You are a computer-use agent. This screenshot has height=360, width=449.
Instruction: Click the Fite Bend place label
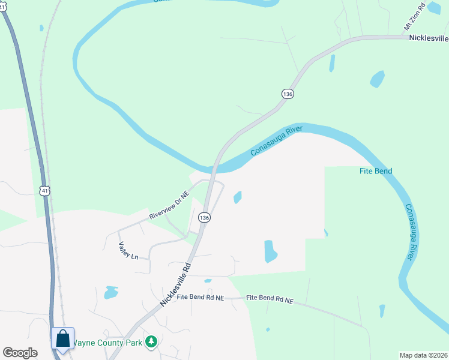(x=375, y=171)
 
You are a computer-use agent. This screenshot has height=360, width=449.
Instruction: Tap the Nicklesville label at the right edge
(x=429, y=38)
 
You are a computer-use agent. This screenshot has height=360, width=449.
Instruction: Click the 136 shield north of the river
(x=288, y=94)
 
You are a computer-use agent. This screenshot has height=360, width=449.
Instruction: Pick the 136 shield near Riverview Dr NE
(x=205, y=218)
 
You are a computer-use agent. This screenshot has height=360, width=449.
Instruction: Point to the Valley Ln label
(x=128, y=250)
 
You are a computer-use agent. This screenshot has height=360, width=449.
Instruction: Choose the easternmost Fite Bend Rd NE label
(x=270, y=299)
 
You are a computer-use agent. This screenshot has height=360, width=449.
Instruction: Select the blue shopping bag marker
(x=63, y=339)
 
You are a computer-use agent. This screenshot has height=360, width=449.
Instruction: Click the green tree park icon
(x=152, y=342)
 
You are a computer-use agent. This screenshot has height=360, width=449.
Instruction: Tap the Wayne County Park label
(x=108, y=343)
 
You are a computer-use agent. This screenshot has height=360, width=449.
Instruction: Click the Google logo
(x=20, y=353)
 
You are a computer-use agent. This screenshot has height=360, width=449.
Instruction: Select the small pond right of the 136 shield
(x=238, y=197)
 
